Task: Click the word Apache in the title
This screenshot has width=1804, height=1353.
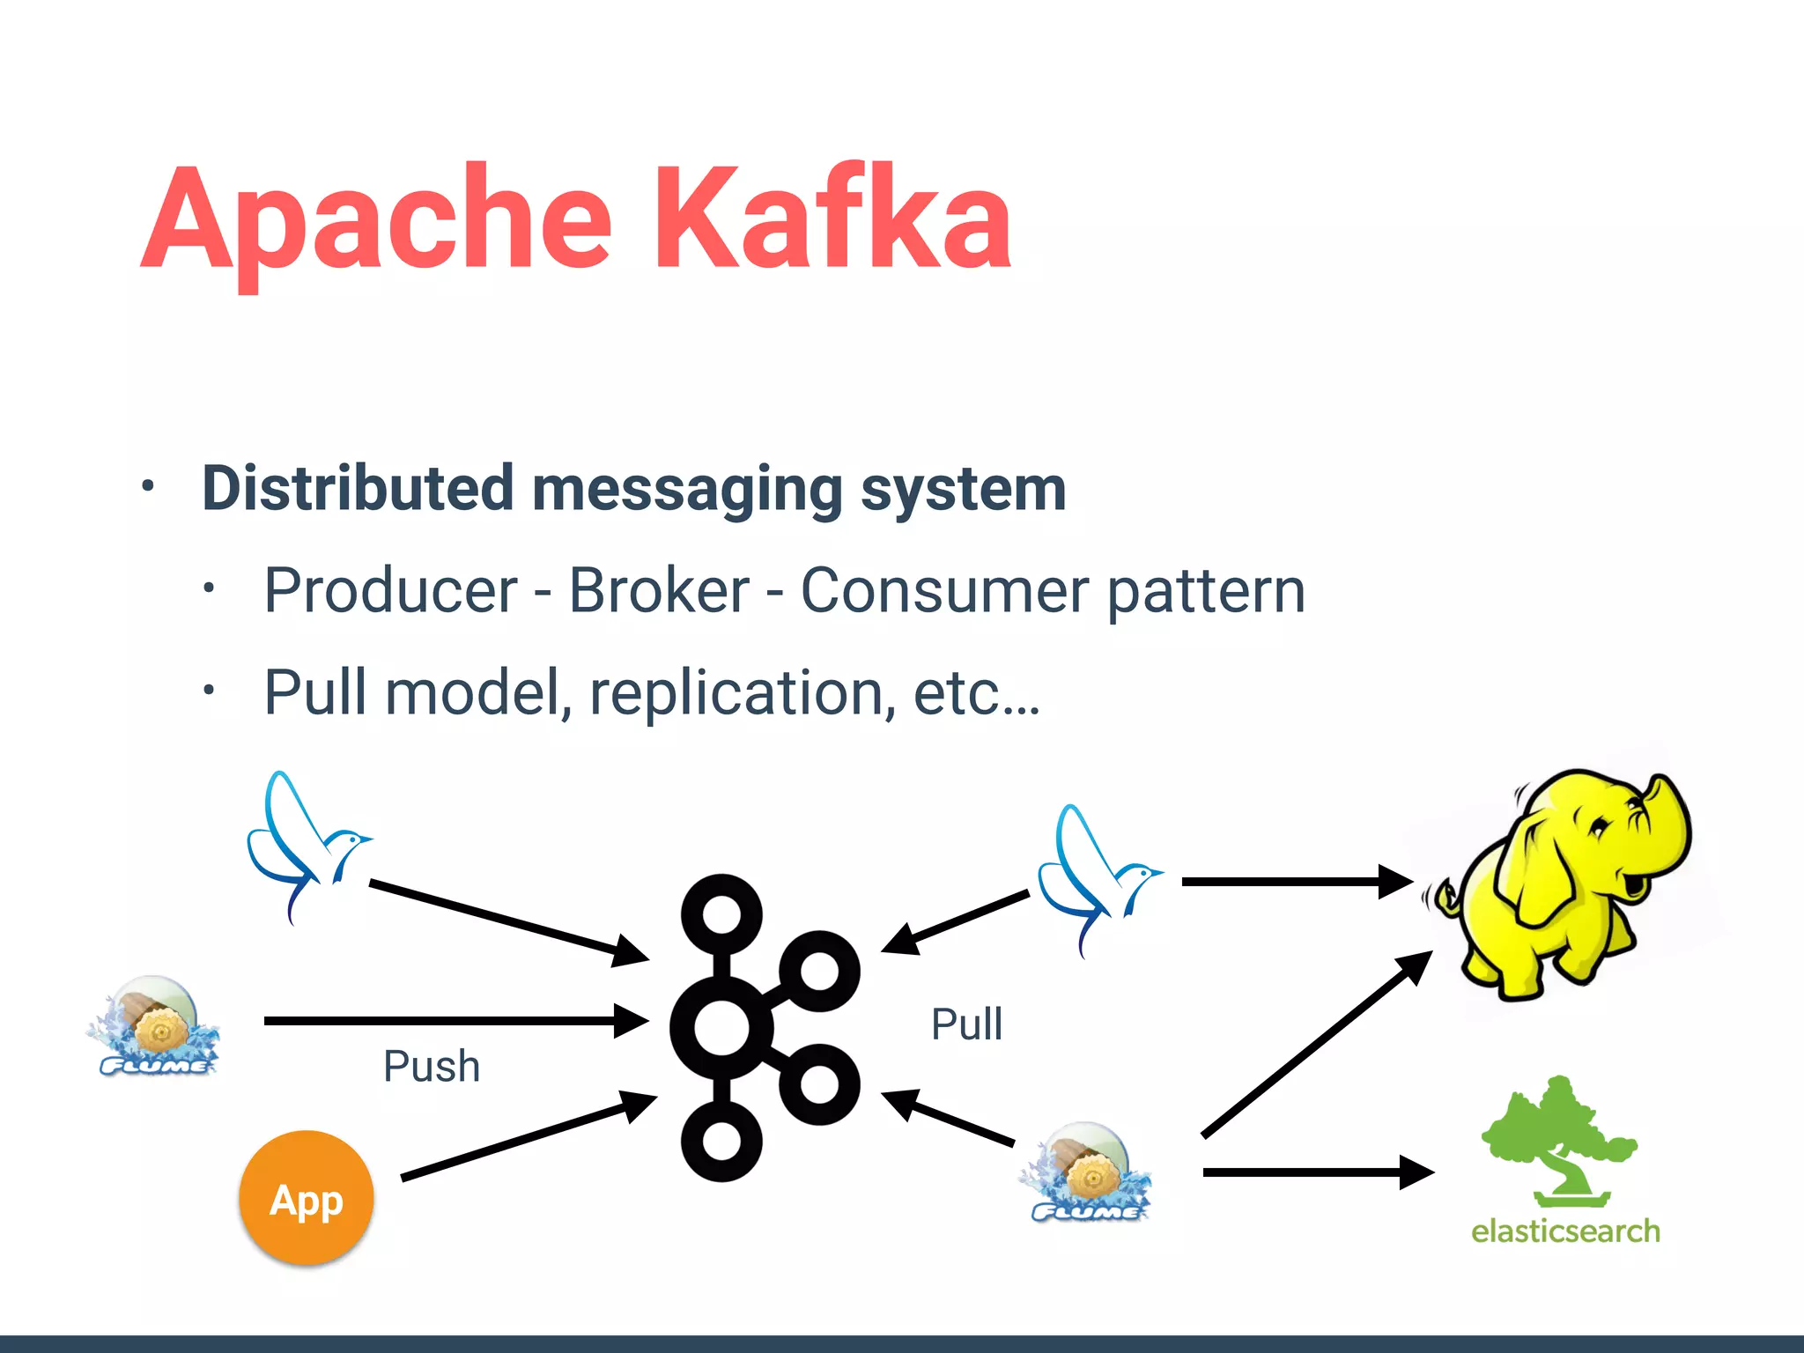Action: pyautogui.click(x=377, y=220)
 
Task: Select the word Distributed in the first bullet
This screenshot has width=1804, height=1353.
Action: pyautogui.click(x=358, y=488)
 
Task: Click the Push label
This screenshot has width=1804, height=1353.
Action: pyautogui.click(x=432, y=1066)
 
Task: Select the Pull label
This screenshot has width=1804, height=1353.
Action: pyautogui.click(x=966, y=1024)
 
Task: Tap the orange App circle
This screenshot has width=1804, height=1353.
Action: pyautogui.click(x=306, y=1199)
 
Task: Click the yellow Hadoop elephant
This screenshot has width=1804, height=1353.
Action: pyautogui.click(x=1559, y=890)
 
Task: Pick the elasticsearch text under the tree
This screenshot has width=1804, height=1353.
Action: pyautogui.click(x=1565, y=1231)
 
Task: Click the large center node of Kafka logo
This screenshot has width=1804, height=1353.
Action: pyautogui.click(x=721, y=1027)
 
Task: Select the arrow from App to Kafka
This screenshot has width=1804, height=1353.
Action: pyautogui.click(x=529, y=1136)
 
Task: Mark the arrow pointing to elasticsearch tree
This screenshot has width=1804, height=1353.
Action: pyautogui.click(x=1317, y=1172)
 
